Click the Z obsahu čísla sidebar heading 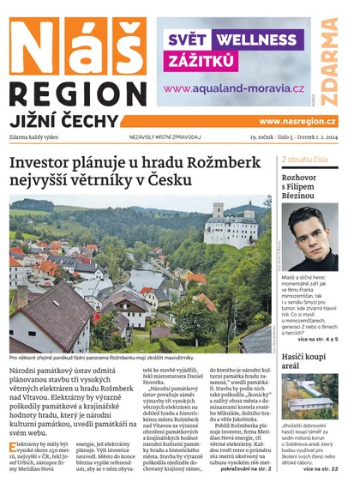pyautogui.click(x=303, y=160)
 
